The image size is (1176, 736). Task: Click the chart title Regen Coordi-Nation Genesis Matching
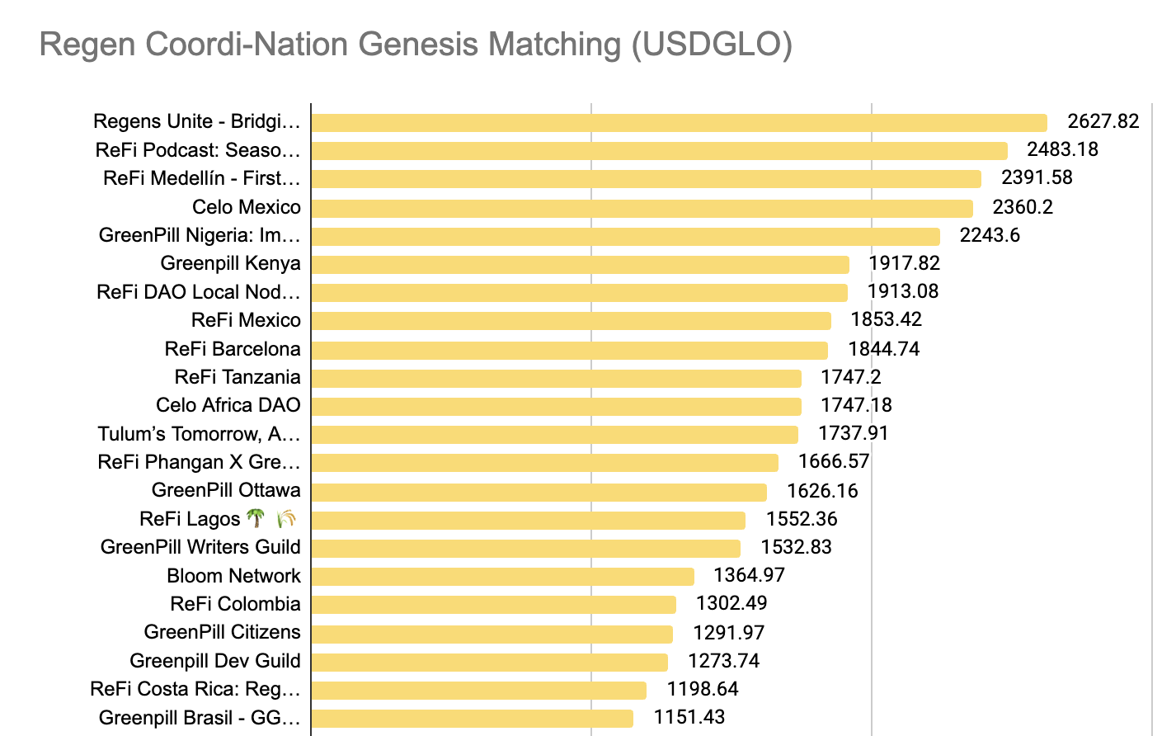coord(416,45)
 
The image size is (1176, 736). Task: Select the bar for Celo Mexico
coord(642,208)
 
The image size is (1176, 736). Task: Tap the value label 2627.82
coord(1103,121)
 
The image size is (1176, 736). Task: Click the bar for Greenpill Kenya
coord(580,264)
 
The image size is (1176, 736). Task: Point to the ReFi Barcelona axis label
coord(233,349)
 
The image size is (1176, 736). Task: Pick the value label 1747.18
coord(856,405)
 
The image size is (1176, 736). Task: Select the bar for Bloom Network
coord(502,576)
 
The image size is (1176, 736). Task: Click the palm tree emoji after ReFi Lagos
coord(256,519)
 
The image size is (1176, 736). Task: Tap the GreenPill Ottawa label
coord(226,490)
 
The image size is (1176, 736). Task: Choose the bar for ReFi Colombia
coord(493,605)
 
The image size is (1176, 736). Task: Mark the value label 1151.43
coord(689,717)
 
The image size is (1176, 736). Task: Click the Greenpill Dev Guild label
coord(215,661)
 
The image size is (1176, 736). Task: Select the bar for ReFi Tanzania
coord(556,378)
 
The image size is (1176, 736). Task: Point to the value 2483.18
coord(1062,149)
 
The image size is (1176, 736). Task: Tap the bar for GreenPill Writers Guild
coord(525,548)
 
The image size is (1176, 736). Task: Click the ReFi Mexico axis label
coord(246,320)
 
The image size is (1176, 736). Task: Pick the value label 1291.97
coord(728,633)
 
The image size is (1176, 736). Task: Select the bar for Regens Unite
coord(679,123)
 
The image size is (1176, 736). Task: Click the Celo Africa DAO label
coord(228,405)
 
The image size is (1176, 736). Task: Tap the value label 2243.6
coord(990,235)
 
